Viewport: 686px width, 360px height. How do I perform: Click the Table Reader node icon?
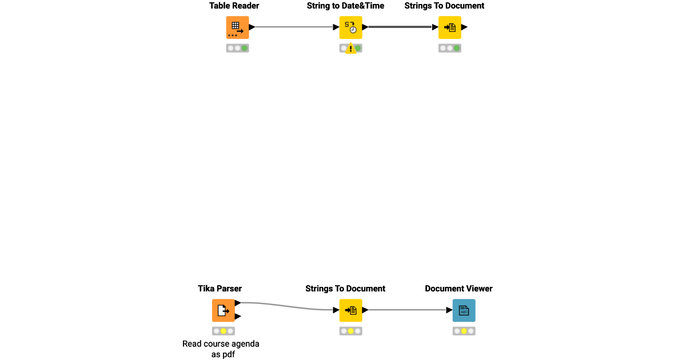pyautogui.click(x=237, y=27)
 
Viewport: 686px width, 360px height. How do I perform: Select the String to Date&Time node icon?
pyautogui.click(x=350, y=27)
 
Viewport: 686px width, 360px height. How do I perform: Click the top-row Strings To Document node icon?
pyautogui.click(x=450, y=27)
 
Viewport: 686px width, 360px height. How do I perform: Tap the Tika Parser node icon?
pyautogui.click(x=223, y=310)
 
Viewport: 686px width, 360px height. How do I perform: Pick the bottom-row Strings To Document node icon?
pyautogui.click(x=350, y=310)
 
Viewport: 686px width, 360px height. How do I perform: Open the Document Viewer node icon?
pyautogui.click(x=464, y=310)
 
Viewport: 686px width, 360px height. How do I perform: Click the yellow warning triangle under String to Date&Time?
pyautogui.click(x=350, y=49)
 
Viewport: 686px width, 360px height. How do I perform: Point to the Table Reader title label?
pyautogui.click(x=234, y=6)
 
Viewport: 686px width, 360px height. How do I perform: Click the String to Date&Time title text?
pyautogui.click(x=345, y=6)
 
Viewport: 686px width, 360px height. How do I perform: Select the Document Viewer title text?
pyautogui.click(x=458, y=289)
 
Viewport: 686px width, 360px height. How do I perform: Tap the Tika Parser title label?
pyautogui.click(x=220, y=289)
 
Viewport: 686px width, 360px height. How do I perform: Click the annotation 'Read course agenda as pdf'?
pyautogui.click(x=221, y=349)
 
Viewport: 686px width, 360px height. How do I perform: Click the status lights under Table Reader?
pyautogui.click(x=237, y=48)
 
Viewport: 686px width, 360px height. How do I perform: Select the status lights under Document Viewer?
pyautogui.click(x=464, y=331)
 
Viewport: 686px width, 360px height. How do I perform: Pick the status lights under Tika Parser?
pyautogui.click(x=223, y=331)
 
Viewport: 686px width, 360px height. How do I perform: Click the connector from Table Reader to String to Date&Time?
pyautogui.click(x=294, y=27)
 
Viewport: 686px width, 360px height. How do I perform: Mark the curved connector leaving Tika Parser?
pyautogui.click(x=286, y=305)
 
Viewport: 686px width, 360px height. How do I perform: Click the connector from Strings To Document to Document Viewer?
pyautogui.click(x=407, y=310)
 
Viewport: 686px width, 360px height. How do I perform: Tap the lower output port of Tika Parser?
pyautogui.click(x=238, y=316)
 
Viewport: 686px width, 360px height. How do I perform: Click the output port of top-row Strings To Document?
pyautogui.click(x=465, y=27)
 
